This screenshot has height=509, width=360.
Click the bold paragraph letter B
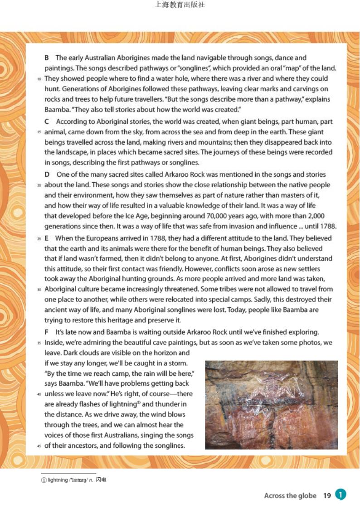pyautogui.click(x=47, y=58)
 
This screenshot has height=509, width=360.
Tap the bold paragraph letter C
pyautogui.click(x=47, y=121)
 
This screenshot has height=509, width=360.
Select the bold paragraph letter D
pyautogui.click(x=47, y=175)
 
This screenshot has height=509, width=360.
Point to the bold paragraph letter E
pyautogui.click(x=47, y=238)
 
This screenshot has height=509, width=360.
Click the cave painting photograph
pyautogui.click(x=271, y=404)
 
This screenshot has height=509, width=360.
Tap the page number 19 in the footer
pyautogui.click(x=327, y=495)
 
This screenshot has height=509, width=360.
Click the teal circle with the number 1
pyautogui.click(x=341, y=495)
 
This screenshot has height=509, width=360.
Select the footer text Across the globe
pyautogui.click(x=290, y=495)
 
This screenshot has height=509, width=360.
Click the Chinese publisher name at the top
pyautogui.click(x=180, y=6)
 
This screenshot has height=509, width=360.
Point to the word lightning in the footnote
pyautogui.click(x=58, y=480)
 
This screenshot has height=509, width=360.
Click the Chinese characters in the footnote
pyautogui.click(x=101, y=480)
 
